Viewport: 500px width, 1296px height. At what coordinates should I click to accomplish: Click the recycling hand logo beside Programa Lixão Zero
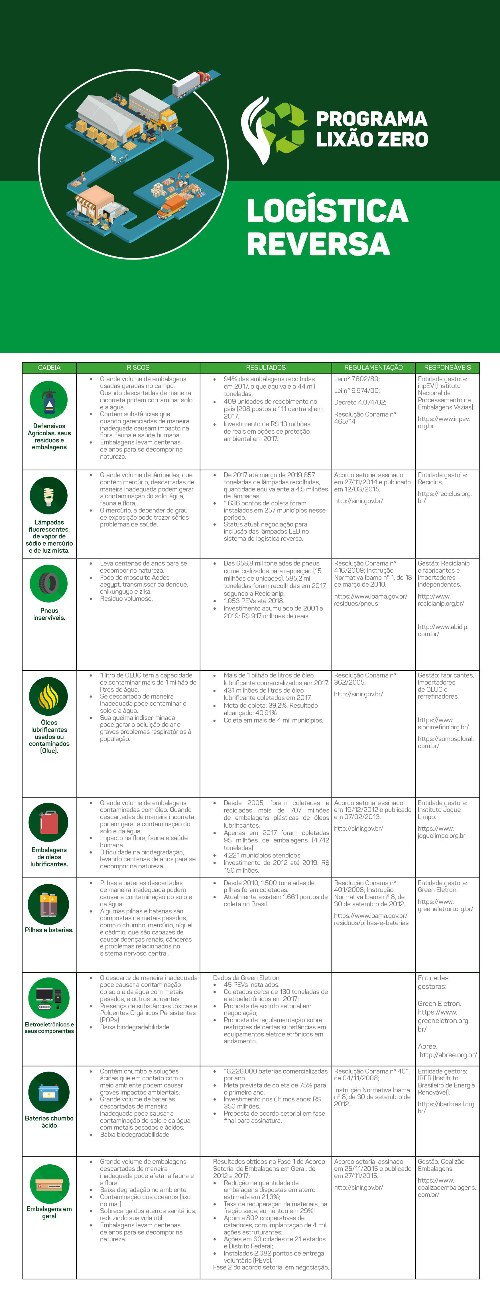coord(273,130)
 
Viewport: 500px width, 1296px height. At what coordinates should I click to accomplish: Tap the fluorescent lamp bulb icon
coord(49,495)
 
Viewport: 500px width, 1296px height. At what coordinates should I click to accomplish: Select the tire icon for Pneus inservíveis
coord(49,583)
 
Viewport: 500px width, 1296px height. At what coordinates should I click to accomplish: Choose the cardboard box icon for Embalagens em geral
coord(49,1185)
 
